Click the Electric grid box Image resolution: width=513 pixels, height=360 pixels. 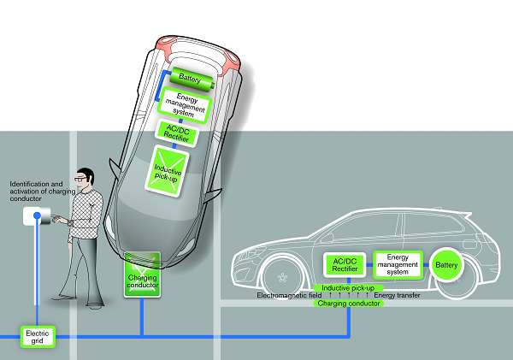38,336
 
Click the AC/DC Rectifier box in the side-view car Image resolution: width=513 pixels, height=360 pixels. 345,266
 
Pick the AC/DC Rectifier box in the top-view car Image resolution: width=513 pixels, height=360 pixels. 179,133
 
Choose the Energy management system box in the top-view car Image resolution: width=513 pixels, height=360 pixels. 183,106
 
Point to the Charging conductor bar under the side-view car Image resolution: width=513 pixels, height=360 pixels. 349,303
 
